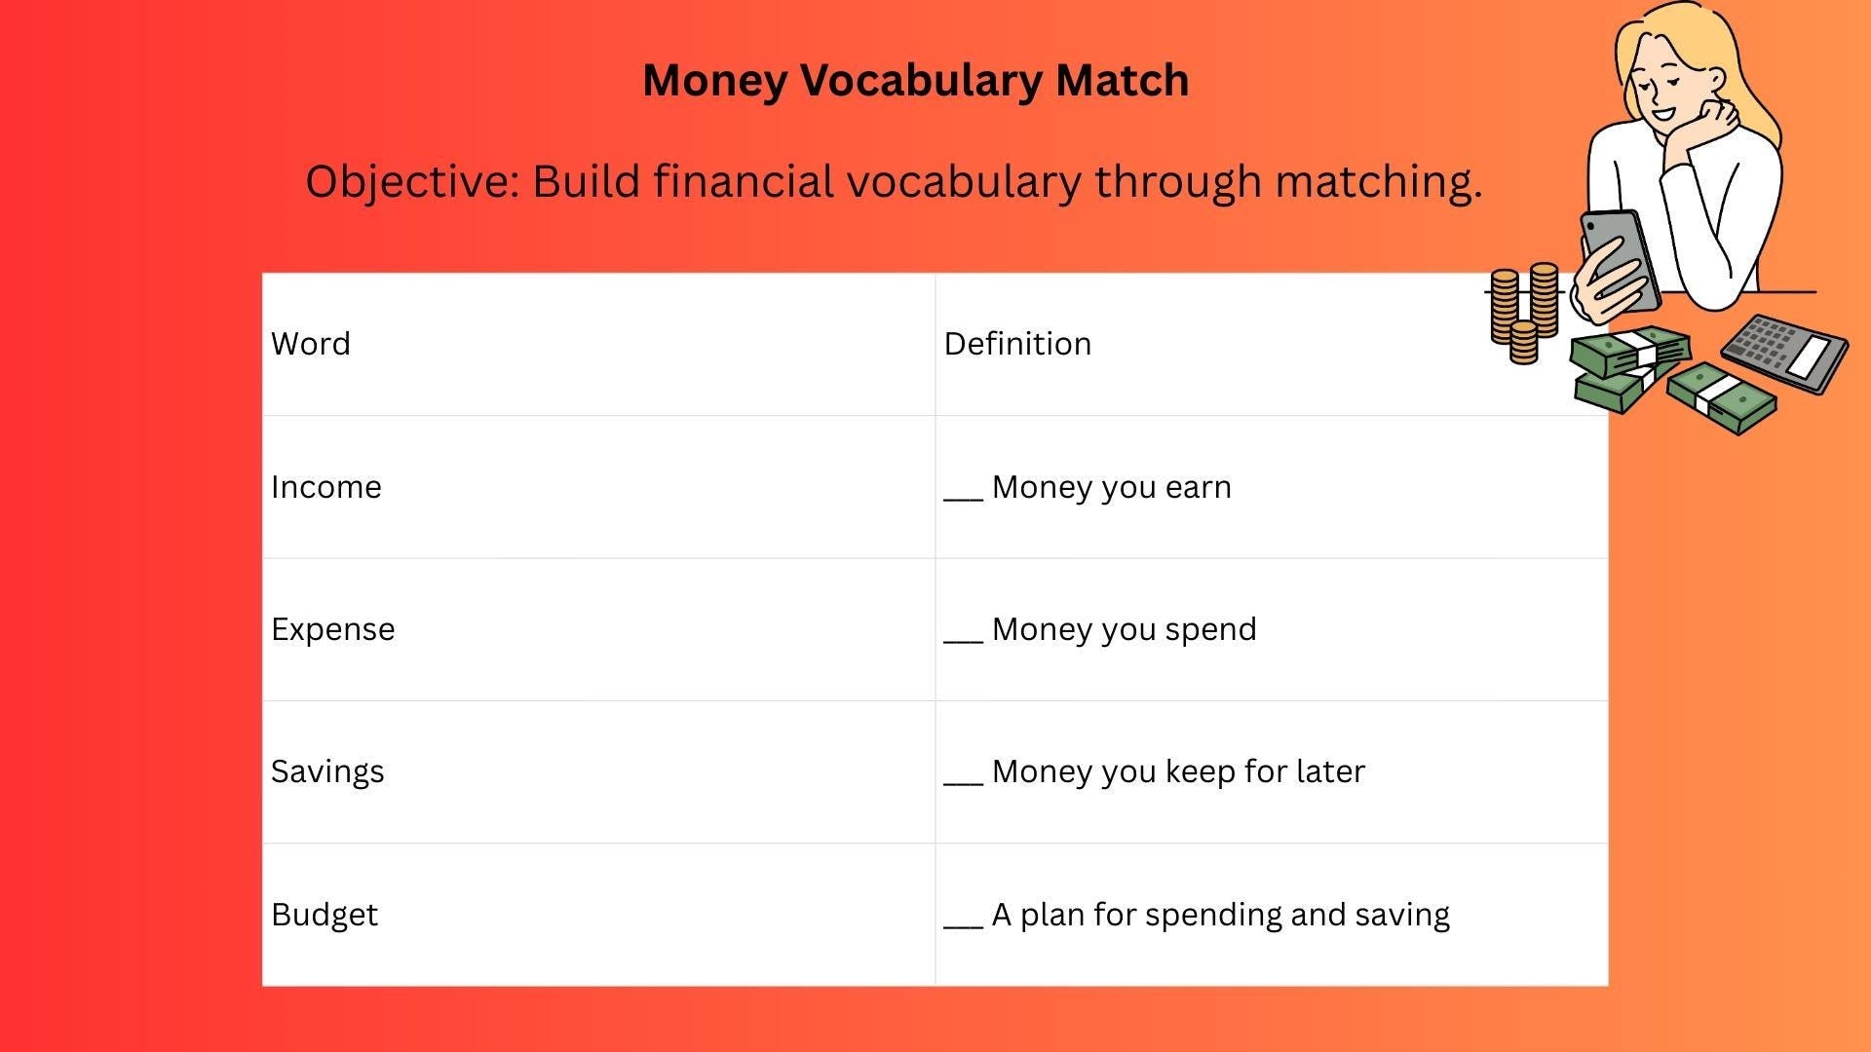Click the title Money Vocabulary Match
pos(915,80)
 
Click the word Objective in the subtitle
pos(411,181)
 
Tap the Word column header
pos(311,344)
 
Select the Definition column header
pos(1017,344)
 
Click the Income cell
pos(326,487)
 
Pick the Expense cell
pos(333,629)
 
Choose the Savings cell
pos(327,771)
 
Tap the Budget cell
pos(325,915)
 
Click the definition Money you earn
pos(1111,487)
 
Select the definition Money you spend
pos(1124,629)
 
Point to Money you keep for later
pos(1177,771)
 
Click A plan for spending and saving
pos(1220,915)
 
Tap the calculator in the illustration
pos(1784,353)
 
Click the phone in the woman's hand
pos(1619,257)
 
